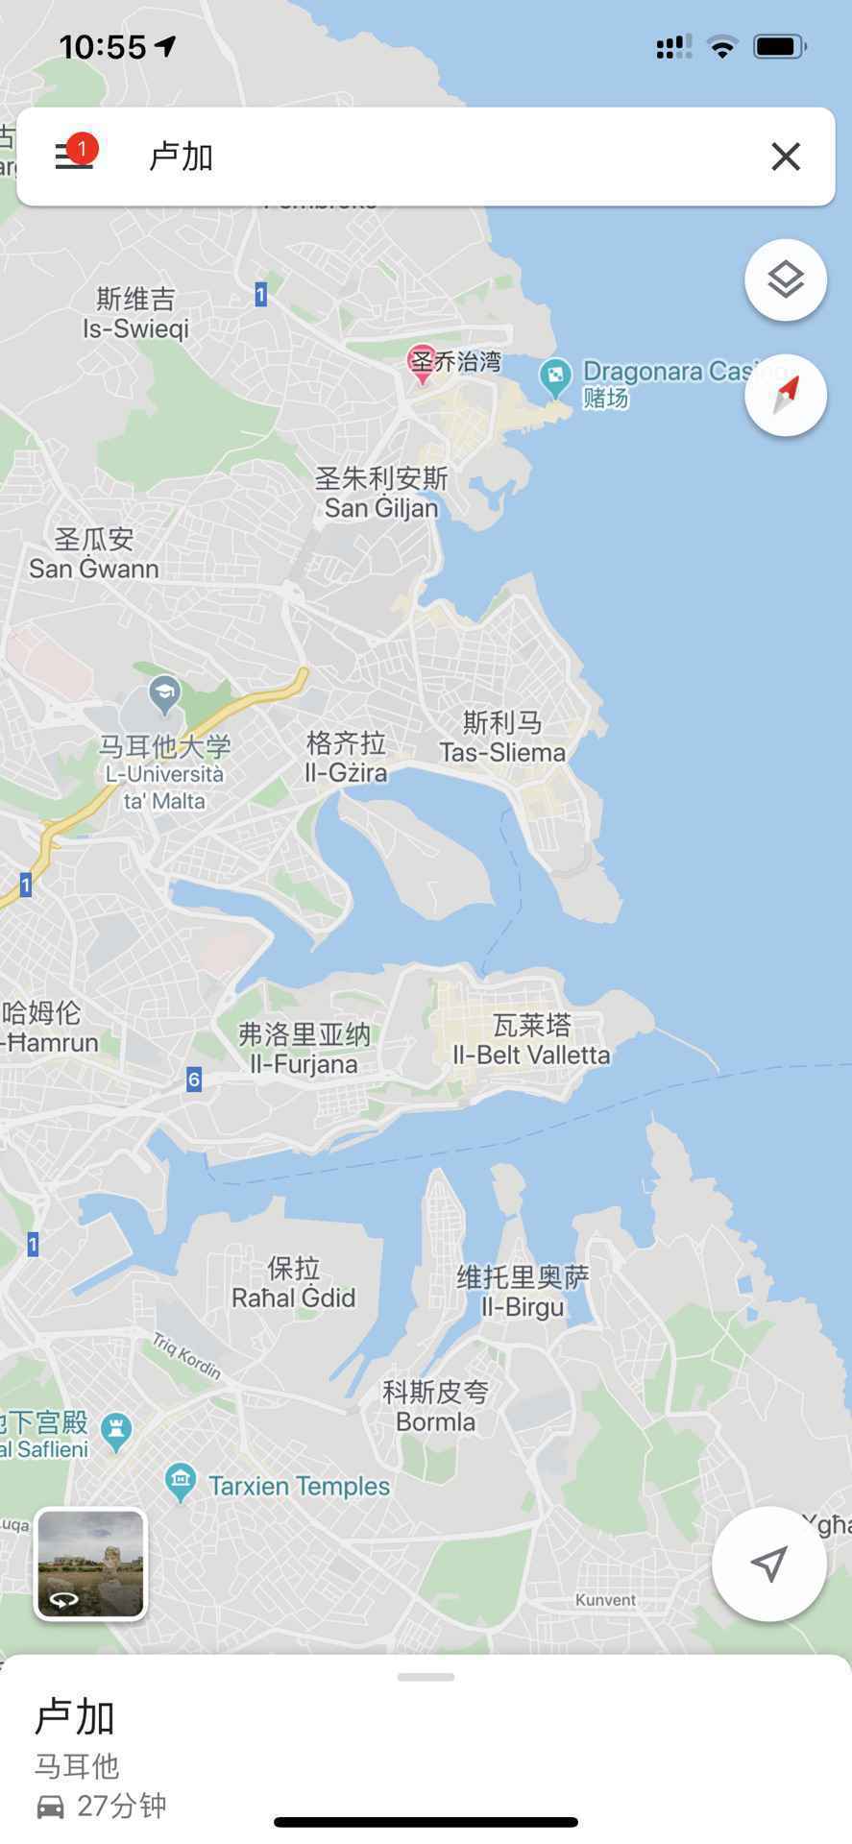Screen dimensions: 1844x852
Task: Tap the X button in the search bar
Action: pyautogui.click(x=785, y=157)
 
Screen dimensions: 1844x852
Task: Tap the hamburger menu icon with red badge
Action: pyautogui.click(x=74, y=155)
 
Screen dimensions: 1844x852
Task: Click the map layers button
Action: pyautogui.click(x=785, y=279)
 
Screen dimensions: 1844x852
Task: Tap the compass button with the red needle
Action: pyautogui.click(x=785, y=395)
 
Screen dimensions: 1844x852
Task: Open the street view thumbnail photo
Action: pyautogui.click(x=90, y=1564)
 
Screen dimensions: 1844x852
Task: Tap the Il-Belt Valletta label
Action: pyautogui.click(x=531, y=1054)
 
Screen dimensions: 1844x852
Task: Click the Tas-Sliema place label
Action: pyautogui.click(x=502, y=752)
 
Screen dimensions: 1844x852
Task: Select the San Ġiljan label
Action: pyautogui.click(x=381, y=507)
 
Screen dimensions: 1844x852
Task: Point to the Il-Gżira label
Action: pyautogui.click(x=346, y=772)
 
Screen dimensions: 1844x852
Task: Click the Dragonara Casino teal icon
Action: pyautogui.click(x=555, y=376)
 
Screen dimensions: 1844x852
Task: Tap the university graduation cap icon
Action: pyautogui.click(x=165, y=692)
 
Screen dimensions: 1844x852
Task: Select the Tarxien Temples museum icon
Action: pyautogui.click(x=181, y=1483)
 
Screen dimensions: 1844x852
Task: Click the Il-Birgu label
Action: pyautogui.click(x=523, y=1306)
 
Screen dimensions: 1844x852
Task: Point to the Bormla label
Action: pyautogui.click(x=436, y=1420)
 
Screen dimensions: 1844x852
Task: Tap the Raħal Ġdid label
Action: pyautogui.click(x=293, y=1298)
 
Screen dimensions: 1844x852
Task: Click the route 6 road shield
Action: pyautogui.click(x=194, y=1080)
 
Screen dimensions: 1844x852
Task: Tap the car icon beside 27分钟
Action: pyautogui.click(x=51, y=1807)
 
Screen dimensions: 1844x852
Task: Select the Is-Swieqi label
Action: pyautogui.click(x=135, y=328)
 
